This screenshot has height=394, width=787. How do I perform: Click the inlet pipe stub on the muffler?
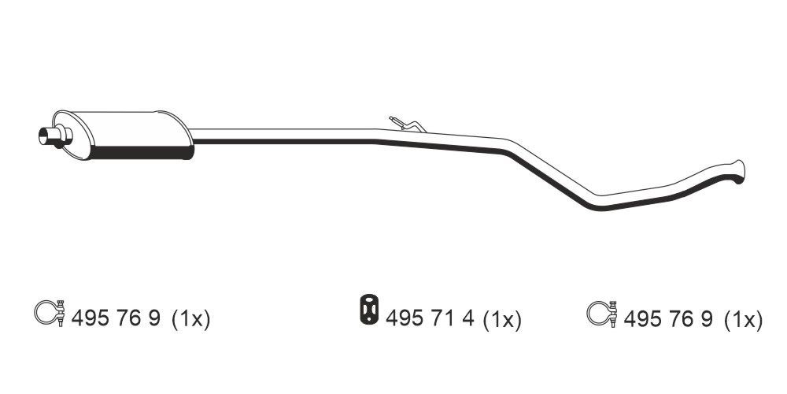(x=55, y=136)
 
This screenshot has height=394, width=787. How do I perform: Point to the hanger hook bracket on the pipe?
(x=407, y=125)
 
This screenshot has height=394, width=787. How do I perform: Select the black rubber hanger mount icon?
(x=369, y=309)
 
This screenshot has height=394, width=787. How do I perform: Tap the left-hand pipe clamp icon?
(x=50, y=313)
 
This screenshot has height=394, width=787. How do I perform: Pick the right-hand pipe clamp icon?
(x=602, y=314)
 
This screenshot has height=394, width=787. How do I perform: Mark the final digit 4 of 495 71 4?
(x=467, y=318)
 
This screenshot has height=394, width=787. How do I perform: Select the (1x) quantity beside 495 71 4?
(x=502, y=319)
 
